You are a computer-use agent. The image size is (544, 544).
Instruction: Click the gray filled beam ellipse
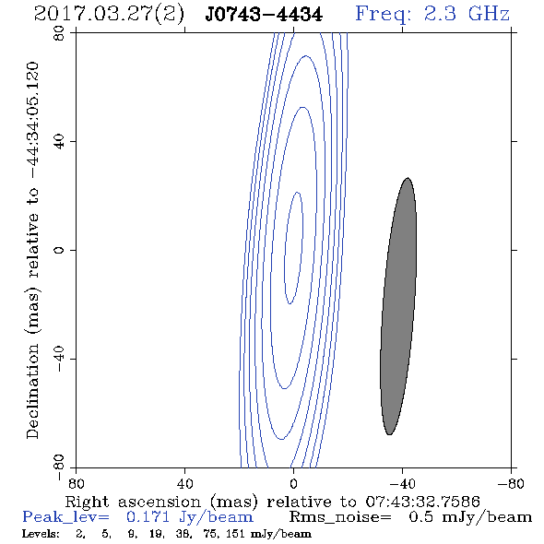pyautogui.click(x=398, y=306)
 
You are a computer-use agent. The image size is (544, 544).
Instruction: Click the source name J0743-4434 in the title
pyautogui.click(x=264, y=15)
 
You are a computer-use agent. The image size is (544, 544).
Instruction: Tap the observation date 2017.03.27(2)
pyautogui.click(x=109, y=15)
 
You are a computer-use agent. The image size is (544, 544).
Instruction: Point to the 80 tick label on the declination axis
pyautogui.click(x=59, y=33)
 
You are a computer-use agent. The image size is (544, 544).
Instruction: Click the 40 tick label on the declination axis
pyautogui.click(x=59, y=142)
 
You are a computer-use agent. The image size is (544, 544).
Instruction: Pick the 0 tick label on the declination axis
pyautogui.click(x=59, y=250)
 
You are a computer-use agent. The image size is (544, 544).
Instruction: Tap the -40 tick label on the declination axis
pyautogui.click(x=59, y=359)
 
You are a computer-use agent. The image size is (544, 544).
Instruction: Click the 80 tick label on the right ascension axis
pyautogui.click(x=76, y=483)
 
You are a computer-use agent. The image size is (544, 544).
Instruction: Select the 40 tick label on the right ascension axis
pyautogui.click(x=184, y=483)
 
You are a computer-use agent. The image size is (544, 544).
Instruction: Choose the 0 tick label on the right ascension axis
pyautogui.click(x=293, y=483)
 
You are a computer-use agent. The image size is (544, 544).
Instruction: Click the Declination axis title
pyautogui.click(x=32, y=250)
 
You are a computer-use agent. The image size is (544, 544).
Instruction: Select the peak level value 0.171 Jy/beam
pyautogui.click(x=189, y=517)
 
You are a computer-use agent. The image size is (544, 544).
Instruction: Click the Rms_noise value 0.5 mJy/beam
pyautogui.click(x=470, y=517)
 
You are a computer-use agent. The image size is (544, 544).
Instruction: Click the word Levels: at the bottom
pyautogui.click(x=41, y=533)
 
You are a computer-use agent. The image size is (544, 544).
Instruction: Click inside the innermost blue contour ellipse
pyautogui.click(x=293, y=248)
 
